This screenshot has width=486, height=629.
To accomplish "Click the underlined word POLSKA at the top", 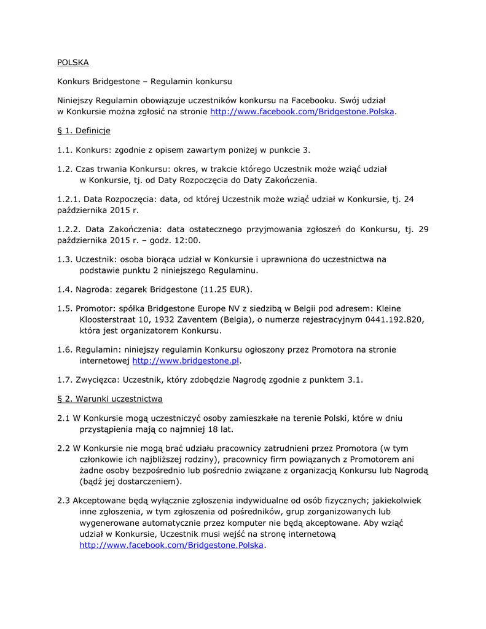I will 73,63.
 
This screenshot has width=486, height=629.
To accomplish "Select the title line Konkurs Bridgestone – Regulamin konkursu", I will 144,82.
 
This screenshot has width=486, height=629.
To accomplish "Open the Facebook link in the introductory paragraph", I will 302,112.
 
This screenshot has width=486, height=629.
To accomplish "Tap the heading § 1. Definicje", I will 84,131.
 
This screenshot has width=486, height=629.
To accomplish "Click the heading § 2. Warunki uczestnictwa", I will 109,399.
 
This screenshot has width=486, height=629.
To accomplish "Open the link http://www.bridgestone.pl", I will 186,361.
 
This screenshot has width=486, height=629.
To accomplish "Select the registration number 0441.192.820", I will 394,319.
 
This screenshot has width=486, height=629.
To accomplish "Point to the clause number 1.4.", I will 65,289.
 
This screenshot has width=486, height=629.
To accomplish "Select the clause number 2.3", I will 65,501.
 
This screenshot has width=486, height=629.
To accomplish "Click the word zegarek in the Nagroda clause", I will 130,289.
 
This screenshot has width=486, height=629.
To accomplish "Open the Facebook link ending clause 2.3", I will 171,545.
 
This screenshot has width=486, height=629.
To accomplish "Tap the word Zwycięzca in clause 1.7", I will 96,380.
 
